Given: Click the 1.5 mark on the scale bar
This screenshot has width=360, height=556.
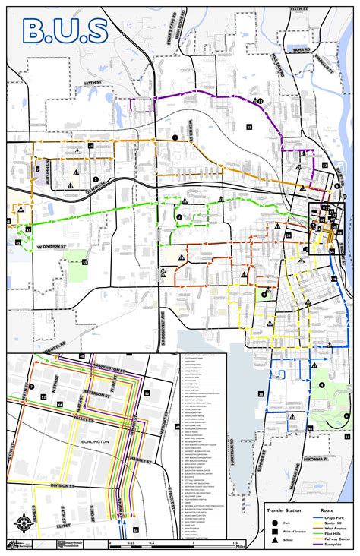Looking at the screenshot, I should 234,543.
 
